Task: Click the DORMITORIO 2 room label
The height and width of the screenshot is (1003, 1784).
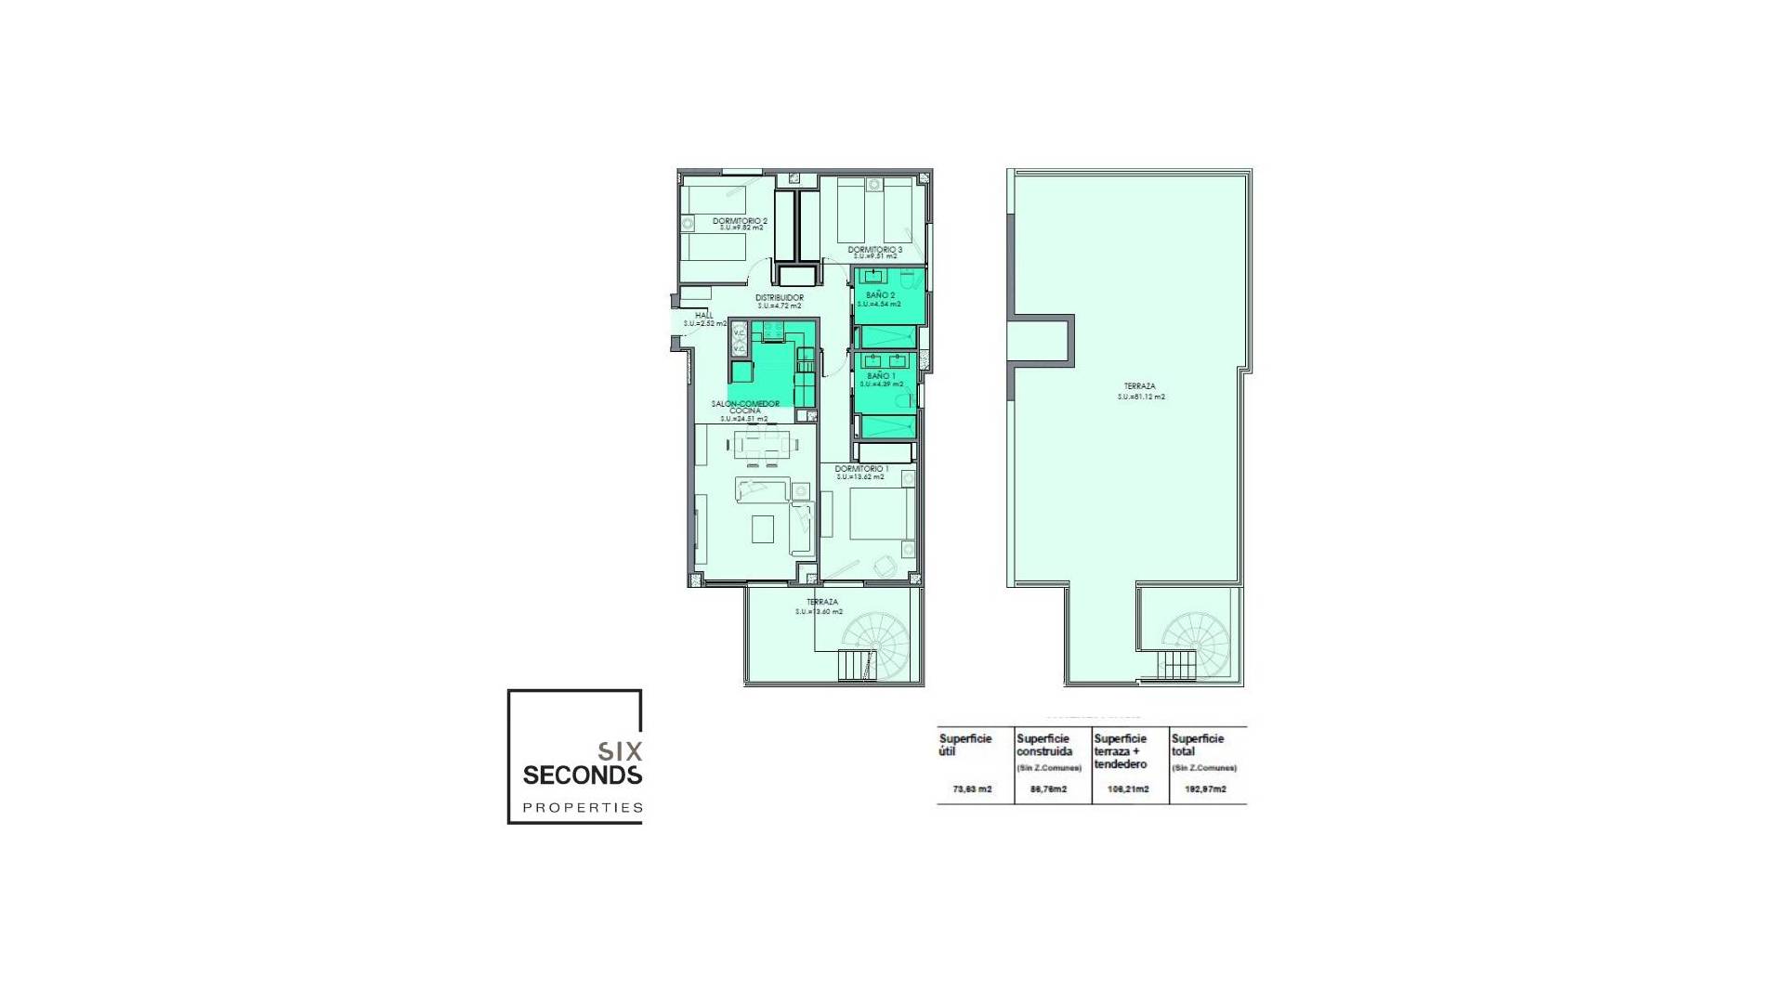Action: coord(740,221)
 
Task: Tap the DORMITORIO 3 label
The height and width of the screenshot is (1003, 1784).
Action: coord(874,250)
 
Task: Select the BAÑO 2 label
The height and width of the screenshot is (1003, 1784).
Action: coord(880,295)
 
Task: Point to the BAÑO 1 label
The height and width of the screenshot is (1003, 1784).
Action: coord(880,376)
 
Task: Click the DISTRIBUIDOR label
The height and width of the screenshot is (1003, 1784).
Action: coord(779,298)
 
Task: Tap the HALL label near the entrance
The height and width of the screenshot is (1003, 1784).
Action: coord(703,316)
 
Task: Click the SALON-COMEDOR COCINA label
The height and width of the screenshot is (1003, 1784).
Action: coord(744,407)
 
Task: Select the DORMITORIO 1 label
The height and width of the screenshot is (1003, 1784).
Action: coord(860,469)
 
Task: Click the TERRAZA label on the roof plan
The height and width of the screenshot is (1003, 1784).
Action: coord(1139,386)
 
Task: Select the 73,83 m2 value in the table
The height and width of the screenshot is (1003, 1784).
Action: coord(972,789)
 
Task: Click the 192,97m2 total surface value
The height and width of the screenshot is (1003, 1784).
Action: coord(1205,789)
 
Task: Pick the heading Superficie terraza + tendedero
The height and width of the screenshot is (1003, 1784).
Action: coord(1121,751)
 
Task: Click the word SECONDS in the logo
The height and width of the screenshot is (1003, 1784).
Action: coord(582,775)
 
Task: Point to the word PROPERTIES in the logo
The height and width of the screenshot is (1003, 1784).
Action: coord(582,808)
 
